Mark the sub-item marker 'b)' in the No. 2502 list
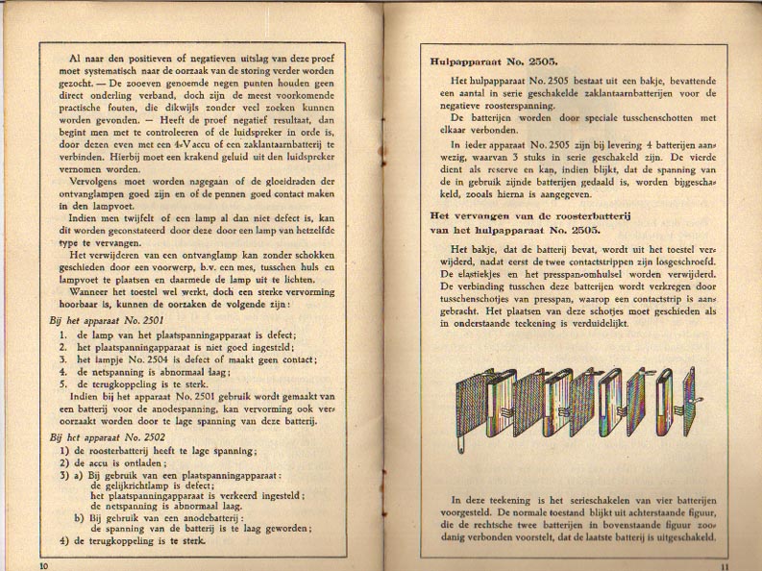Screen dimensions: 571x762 coord(80,515)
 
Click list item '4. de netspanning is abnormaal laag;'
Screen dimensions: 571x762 coord(145,369)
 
